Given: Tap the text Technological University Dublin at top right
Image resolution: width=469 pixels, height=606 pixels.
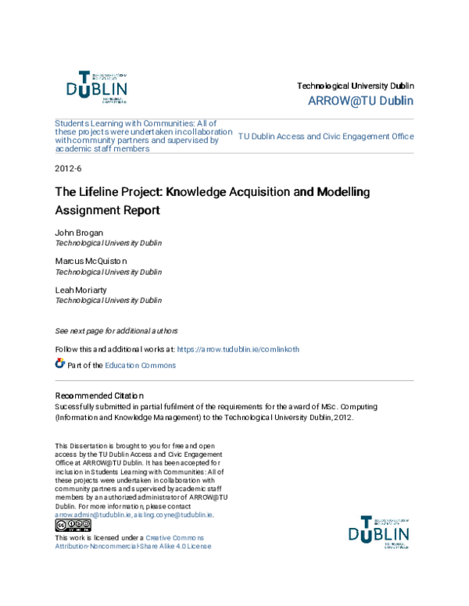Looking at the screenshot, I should click(x=356, y=85).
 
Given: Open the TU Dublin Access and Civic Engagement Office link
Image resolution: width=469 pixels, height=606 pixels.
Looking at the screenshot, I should click(x=325, y=136).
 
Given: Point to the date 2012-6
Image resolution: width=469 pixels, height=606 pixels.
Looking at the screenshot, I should click(x=68, y=169).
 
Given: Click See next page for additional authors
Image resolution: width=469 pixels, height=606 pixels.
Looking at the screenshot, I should click(x=116, y=330).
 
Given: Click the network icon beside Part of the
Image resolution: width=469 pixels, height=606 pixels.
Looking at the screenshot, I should click(x=60, y=364).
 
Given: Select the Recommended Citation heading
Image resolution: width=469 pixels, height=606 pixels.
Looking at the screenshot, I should click(x=98, y=396).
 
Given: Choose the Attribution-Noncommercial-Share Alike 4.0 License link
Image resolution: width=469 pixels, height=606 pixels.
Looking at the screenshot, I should click(x=133, y=547).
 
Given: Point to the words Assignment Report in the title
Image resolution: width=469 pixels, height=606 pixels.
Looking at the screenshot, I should click(x=106, y=210).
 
